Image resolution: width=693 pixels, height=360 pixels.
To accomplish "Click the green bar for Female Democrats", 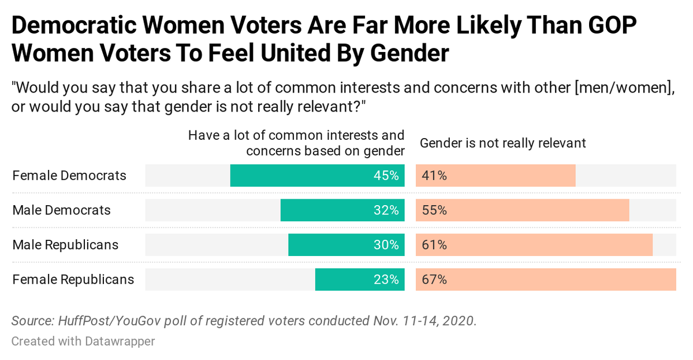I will (317, 176).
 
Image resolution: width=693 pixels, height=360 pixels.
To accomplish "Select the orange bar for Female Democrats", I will (495, 176).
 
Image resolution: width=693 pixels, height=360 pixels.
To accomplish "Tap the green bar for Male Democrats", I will (342, 210).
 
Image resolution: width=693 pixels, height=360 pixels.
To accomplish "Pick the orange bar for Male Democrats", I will (522, 210).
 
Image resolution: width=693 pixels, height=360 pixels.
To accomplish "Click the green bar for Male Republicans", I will (346, 245).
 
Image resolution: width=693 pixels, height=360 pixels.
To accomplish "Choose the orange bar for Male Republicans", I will (534, 245).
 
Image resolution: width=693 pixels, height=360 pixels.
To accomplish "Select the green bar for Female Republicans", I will (360, 280).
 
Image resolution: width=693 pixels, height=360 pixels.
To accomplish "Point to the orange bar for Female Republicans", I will (546, 280).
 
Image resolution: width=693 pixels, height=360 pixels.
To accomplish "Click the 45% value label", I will (386, 176).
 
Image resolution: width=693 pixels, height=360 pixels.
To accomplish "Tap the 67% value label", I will (434, 280).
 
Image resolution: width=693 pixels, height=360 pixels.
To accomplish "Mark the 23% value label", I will (386, 280).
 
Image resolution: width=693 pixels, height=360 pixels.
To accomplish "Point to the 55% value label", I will (434, 210).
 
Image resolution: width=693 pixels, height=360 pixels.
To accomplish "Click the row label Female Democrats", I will (69, 176).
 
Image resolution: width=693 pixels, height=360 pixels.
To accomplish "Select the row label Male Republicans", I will (65, 245).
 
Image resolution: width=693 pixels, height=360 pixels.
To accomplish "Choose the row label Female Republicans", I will (73, 280).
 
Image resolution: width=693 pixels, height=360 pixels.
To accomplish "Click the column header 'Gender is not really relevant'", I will (502, 143).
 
